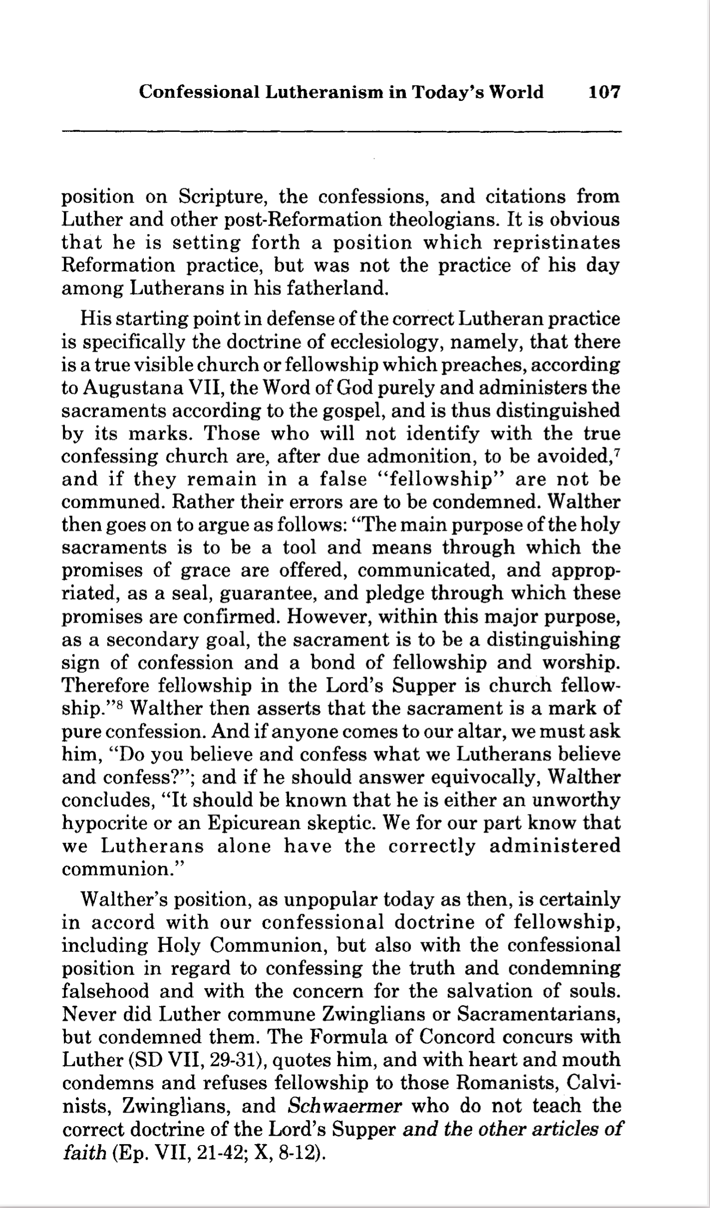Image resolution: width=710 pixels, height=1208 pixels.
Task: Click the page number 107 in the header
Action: (x=604, y=92)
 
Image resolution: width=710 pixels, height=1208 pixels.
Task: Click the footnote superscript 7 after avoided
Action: (x=618, y=453)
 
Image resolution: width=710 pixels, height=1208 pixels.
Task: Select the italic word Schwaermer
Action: (x=345, y=1106)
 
